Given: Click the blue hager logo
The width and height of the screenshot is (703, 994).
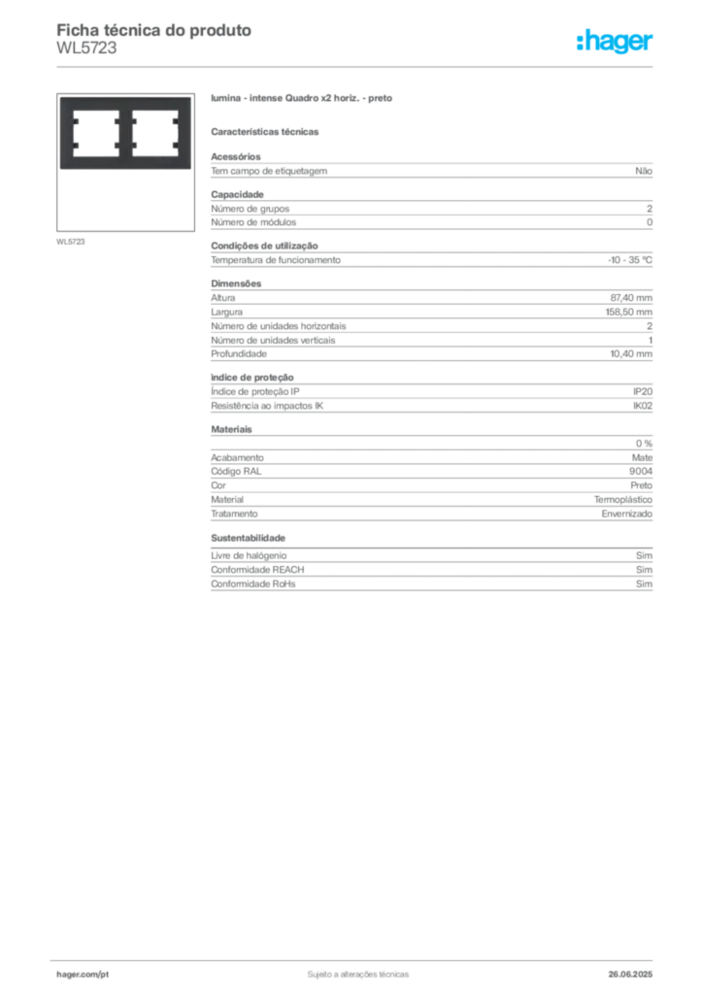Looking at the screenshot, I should point(616,43).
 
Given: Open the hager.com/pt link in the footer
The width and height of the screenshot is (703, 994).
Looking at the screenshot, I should point(83,973).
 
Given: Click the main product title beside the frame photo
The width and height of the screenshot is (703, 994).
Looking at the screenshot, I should point(302,100).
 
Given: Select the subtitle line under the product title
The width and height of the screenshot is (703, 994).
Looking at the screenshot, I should point(267,130).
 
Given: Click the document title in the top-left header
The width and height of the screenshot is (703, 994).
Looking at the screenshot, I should point(155,30).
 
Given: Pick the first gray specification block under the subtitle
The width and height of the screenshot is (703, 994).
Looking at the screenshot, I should point(431,170).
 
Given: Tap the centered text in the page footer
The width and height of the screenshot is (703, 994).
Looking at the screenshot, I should point(356,970).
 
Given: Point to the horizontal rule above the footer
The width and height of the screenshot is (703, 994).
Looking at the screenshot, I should point(357,957).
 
